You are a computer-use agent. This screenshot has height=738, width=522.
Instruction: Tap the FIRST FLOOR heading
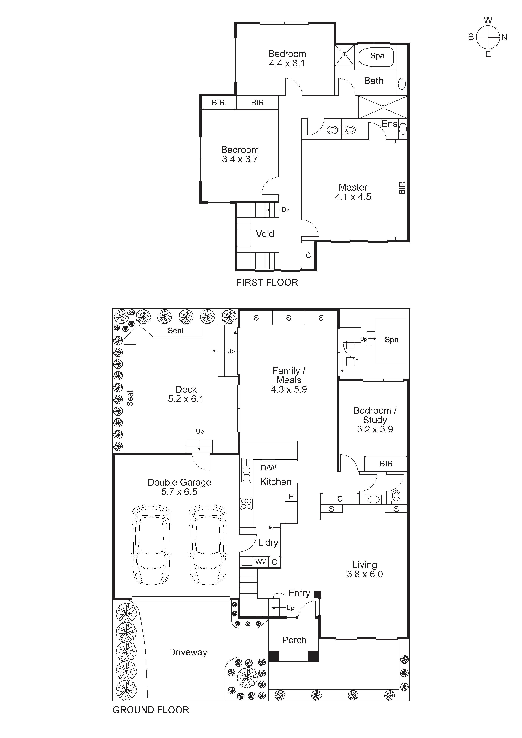tap(267, 283)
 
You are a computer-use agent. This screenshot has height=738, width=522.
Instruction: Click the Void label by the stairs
tap(265, 234)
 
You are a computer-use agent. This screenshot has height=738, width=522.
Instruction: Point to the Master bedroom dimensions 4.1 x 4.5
tap(353, 197)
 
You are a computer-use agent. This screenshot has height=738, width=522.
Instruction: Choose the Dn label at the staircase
tap(285, 210)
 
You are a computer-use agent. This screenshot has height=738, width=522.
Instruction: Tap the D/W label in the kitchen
tap(268, 468)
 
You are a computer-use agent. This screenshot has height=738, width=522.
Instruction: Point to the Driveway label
tap(188, 652)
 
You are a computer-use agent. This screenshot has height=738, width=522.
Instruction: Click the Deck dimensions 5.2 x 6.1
tap(186, 399)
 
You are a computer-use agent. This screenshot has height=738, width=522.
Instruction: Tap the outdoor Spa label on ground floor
tap(391, 340)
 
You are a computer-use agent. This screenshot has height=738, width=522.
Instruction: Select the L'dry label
tap(268, 543)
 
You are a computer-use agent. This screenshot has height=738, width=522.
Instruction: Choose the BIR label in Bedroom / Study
tap(386, 464)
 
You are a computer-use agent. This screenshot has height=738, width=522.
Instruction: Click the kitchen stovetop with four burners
tap(247, 504)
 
